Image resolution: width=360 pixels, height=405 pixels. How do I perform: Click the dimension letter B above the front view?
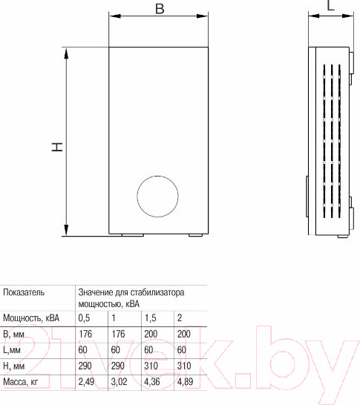[160, 8]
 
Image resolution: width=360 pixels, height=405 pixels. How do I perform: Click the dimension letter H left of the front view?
[56, 148]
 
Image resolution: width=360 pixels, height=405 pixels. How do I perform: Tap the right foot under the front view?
[195, 236]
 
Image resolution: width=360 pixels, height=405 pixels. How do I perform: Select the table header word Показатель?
[24, 292]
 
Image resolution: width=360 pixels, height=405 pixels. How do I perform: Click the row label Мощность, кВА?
[31, 317]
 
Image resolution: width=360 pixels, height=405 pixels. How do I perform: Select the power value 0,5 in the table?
[85, 317]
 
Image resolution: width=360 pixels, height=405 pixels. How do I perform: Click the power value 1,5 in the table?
[150, 317]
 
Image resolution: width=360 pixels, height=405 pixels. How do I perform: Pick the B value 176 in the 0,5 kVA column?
[85, 334]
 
